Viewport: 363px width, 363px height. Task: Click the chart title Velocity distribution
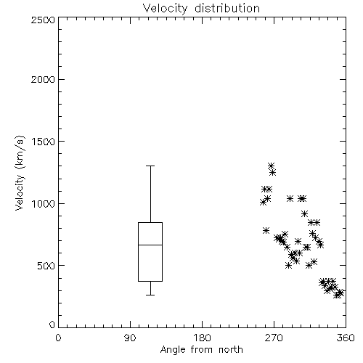201,8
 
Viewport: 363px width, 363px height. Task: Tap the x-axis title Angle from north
201,350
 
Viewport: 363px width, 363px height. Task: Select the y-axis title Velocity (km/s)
20,173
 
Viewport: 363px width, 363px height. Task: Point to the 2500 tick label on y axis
43,20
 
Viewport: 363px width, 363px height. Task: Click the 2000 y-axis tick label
43,79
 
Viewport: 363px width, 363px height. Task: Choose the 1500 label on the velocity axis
44,142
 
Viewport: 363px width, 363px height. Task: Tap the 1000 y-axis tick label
44,203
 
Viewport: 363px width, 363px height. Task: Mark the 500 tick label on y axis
46,266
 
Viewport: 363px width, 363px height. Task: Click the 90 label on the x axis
130,338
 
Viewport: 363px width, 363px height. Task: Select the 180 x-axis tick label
203,338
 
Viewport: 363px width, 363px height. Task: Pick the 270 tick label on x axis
274,338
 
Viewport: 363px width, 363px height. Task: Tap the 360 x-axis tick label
346,338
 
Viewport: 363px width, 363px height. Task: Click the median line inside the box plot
150,245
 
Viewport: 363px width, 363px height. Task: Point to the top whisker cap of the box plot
150,166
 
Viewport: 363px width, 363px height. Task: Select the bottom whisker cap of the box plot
150,295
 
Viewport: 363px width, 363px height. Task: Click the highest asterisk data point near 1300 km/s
271,166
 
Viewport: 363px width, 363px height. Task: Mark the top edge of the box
150,222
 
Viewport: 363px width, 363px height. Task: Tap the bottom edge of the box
150,281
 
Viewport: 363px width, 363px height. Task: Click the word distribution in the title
227,8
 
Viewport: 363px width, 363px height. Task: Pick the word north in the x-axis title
231,350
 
